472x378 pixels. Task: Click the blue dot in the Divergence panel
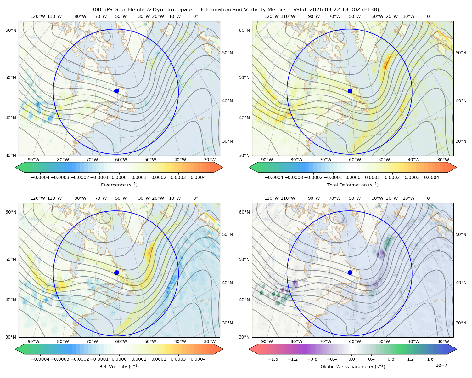click(x=116, y=91)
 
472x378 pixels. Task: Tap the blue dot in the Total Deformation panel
click(x=350, y=91)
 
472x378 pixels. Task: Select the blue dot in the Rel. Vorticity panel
click(x=116, y=272)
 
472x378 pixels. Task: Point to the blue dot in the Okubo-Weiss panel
click(x=350, y=272)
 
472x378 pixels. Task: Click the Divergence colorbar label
click(x=119, y=185)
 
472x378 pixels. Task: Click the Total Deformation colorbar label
click(x=353, y=185)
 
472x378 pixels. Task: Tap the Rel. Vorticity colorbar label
click(x=119, y=367)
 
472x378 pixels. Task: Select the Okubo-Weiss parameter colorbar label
click(x=353, y=367)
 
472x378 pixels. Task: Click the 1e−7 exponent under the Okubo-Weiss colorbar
click(x=441, y=365)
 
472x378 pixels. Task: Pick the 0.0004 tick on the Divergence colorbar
click(x=198, y=177)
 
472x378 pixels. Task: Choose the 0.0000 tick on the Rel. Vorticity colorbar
click(x=119, y=359)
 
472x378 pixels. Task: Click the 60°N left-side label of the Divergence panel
click(x=11, y=30)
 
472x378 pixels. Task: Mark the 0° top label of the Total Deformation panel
click(x=429, y=16)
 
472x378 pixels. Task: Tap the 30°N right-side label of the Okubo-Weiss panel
click(x=461, y=323)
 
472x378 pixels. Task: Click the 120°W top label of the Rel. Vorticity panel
click(x=38, y=198)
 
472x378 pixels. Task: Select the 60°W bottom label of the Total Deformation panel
click(x=355, y=160)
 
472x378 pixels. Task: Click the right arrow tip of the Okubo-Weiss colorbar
click(x=457, y=349)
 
